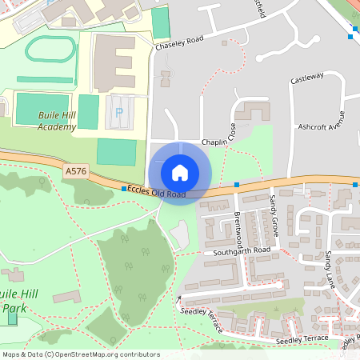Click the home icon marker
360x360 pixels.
179,173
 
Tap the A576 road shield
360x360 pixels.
75,170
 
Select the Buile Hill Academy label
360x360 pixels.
57,121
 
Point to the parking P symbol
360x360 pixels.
119,113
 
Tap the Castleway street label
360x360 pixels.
306,78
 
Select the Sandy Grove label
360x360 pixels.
274,210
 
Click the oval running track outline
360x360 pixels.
50,50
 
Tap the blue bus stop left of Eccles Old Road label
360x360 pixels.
123,189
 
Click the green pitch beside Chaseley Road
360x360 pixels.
161,23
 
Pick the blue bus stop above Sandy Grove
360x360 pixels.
237,185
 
